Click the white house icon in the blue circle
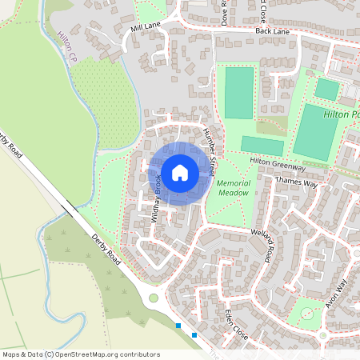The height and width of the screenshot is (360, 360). pos(180,171)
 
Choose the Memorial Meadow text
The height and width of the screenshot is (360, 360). pos(234,188)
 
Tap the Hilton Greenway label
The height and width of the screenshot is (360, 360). pos(278,164)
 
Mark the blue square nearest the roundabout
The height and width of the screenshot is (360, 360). pos(178,326)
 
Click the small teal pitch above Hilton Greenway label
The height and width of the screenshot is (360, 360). pos(262,145)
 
